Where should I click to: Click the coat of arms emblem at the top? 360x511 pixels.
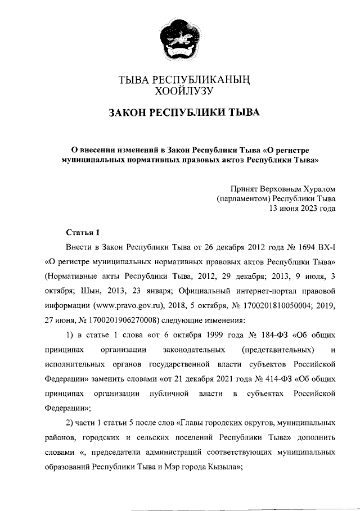(x=180, y=42)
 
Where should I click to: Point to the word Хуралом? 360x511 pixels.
(x=319, y=189)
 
